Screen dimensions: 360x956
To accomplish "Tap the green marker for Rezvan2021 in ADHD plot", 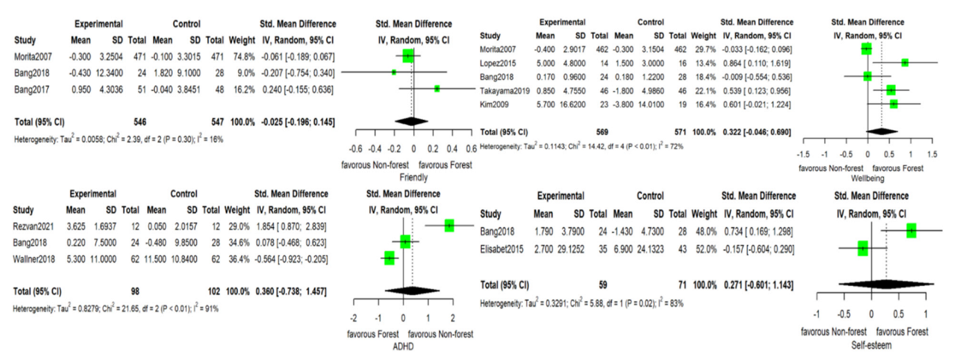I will pyautogui.click(x=449, y=225).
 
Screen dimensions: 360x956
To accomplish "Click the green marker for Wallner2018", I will pyautogui.click(x=389, y=258).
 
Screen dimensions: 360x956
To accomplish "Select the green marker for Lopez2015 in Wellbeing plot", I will pyautogui.click(x=905, y=62).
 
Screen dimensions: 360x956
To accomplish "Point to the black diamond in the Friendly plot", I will pyautogui.click(x=411, y=121).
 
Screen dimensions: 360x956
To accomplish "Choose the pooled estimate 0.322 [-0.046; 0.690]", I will pyautogui.click(x=758, y=131).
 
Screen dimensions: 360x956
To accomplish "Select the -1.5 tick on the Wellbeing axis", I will pyautogui.click(x=804, y=154).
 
